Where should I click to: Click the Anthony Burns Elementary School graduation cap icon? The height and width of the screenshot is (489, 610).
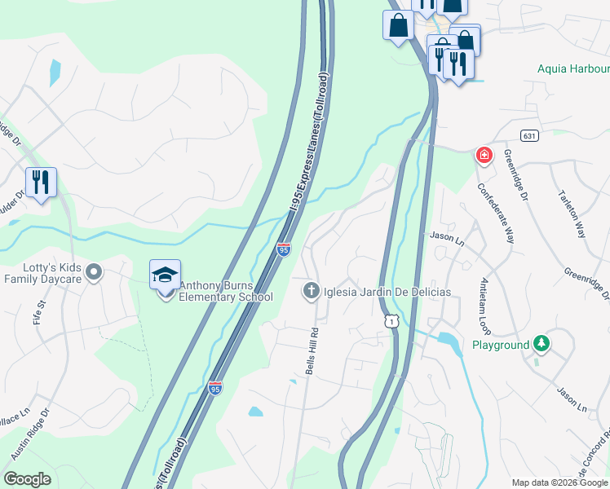tap(165, 275)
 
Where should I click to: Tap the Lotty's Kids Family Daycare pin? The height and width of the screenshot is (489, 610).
tap(94, 271)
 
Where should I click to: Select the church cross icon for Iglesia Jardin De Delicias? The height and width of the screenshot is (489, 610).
tap(311, 291)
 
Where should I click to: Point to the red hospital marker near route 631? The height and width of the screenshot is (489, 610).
tap(484, 154)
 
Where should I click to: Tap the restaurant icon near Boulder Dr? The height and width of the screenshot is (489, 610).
tap(40, 182)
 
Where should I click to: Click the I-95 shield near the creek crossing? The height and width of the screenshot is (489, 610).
tap(283, 249)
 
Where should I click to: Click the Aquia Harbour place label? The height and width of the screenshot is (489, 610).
tap(572, 68)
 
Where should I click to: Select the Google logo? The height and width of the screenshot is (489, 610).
tap(27, 479)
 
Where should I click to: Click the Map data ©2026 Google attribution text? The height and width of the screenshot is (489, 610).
tap(559, 482)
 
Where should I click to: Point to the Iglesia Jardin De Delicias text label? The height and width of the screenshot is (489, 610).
tap(387, 292)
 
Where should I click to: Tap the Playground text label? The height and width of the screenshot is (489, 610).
tap(501, 345)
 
